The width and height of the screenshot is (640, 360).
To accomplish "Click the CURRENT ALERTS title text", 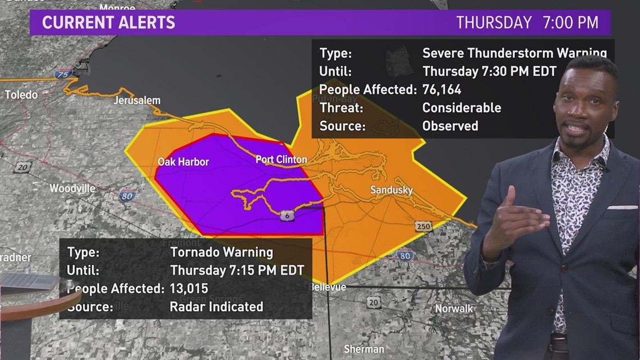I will tap(108, 22).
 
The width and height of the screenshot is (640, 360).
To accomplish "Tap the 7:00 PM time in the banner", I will tap(570, 22).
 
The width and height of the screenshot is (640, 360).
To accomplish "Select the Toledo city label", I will tap(21, 95).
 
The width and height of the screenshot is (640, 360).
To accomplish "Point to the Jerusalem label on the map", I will tap(137, 101).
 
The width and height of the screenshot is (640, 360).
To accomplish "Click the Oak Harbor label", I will tap(183, 162).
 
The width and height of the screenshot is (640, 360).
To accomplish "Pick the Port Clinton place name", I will tap(281, 160).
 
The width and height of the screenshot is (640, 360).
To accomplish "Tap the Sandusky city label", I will tap(391, 190).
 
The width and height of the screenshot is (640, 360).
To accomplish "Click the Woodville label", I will tap(72, 188).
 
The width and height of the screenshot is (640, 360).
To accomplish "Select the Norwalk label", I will tap(454, 308).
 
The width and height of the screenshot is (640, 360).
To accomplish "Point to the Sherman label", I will tap(364, 349).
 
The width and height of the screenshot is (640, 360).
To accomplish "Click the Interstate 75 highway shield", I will tap(63, 74).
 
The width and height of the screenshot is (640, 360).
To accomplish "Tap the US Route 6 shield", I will tap(287, 215).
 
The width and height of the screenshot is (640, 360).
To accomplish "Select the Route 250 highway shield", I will tap(423, 226).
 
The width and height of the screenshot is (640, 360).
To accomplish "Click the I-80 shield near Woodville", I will tap(127, 195).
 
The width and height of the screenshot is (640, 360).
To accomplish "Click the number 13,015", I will tap(189, 288).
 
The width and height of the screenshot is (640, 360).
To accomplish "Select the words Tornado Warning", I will tap(222, 252).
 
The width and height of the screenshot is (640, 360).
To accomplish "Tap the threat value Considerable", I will tap(461, 107).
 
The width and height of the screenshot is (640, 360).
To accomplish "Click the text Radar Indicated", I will tap(217, 306).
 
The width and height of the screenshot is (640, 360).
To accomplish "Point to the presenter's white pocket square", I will tap(621, 207).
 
